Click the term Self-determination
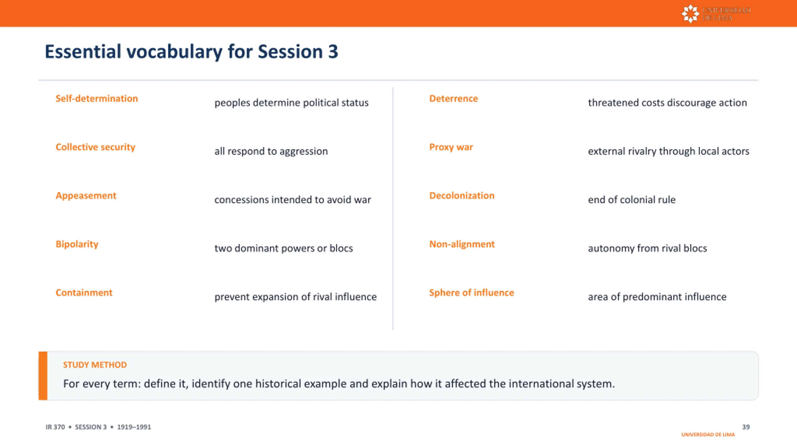[x=97, y=98]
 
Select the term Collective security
[x=95, y=147]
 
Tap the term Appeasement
[x=86, y=196]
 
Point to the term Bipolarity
[x=77, y=244]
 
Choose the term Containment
[x=84, y=292]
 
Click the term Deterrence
[x=453, y=98]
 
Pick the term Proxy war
[x=451, y=147]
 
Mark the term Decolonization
[x=462, y=195]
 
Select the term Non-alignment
[x=462, y=244]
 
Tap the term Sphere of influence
[x=471, y=293]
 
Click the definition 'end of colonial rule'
[x=632, y=199]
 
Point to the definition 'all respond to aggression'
[x=271, y=151]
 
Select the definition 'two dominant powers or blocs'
[x=283, y=248]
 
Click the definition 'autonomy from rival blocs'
[x=647, y=248]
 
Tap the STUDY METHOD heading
[x=95, y=365]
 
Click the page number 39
[x=746, y=427]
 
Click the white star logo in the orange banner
[x=690, y=14]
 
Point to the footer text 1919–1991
[x=134, y=427]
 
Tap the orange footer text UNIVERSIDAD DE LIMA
[x=708, y=435]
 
